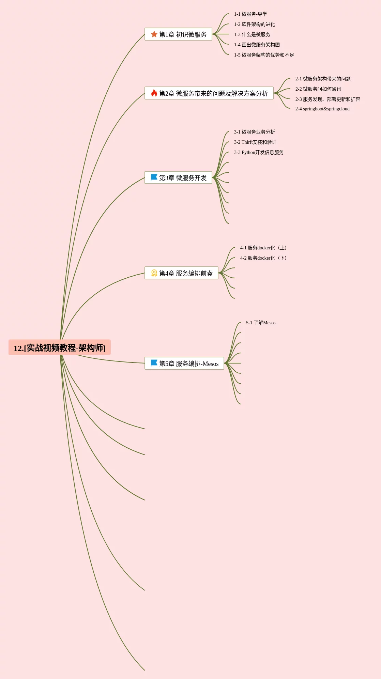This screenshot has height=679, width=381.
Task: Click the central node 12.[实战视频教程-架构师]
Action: click(x=60, y=348)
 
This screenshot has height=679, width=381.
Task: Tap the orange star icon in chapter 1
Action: click(x=154, y=34)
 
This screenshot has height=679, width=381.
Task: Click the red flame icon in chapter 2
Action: click(x=154, y=93)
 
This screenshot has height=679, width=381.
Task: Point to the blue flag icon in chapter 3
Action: click(x=154, y=178)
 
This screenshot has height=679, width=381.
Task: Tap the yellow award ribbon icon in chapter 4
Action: click(x=154, y=273)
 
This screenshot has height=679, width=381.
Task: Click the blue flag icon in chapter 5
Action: click(x=154, y=363)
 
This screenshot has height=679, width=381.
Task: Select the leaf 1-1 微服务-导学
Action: click(x=250, y=14)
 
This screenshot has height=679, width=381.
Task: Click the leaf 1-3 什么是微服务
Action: click(x=252, y=34)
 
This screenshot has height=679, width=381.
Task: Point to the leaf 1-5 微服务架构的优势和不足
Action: click(x=264, y=55)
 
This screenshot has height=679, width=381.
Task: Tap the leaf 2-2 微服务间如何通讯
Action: click(x=318, y=89)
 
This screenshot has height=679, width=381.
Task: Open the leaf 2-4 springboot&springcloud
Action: click(x=322, y=109)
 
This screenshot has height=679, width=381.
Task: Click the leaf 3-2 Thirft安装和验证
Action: click(x=255, y=142)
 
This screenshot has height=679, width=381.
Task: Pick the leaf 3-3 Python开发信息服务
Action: click(x=259, y=152)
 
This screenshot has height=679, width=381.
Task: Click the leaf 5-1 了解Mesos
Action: click(x=261, y=323)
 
